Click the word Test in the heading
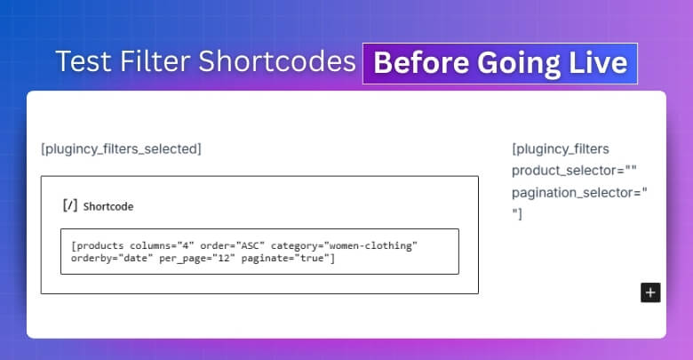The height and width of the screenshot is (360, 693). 77,62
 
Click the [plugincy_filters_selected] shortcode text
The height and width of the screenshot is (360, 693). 121,148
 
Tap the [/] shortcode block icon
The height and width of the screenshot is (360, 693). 69,205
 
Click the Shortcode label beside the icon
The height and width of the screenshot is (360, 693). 108,206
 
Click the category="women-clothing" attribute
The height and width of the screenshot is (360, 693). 344,244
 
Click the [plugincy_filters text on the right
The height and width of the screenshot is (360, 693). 561,148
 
